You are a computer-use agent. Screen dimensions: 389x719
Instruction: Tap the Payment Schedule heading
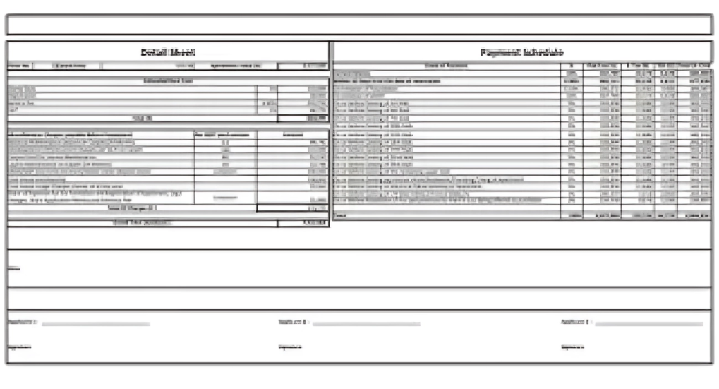[522, 52]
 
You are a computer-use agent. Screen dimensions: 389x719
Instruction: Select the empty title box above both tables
[359, 25]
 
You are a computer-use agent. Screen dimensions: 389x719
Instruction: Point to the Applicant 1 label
[21, 322]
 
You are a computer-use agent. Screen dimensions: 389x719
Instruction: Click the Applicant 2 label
[293, 322]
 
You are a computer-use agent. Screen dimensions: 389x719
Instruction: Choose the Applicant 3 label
[575, 322]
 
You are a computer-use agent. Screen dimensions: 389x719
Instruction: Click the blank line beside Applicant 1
[95, 323]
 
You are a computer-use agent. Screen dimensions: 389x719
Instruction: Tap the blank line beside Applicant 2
[367, 323]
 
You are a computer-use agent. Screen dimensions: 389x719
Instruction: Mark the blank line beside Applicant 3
[649, 323]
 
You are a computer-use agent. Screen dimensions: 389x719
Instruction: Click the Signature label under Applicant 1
[19, 347]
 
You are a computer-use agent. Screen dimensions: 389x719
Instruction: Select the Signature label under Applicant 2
[290, 347]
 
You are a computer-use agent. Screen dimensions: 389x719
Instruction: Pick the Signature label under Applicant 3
[572, 347]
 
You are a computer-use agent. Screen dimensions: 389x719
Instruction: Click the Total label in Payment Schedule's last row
[341, 215]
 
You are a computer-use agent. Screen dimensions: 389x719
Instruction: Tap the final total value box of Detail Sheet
[303, 223]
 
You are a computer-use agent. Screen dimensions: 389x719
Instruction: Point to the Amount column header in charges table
[293, 133]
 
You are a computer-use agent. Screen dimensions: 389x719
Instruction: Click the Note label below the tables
[13, 268]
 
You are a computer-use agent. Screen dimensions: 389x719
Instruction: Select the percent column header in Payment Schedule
[570, 66]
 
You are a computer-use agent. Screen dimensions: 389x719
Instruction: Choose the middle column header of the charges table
[225, 133]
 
